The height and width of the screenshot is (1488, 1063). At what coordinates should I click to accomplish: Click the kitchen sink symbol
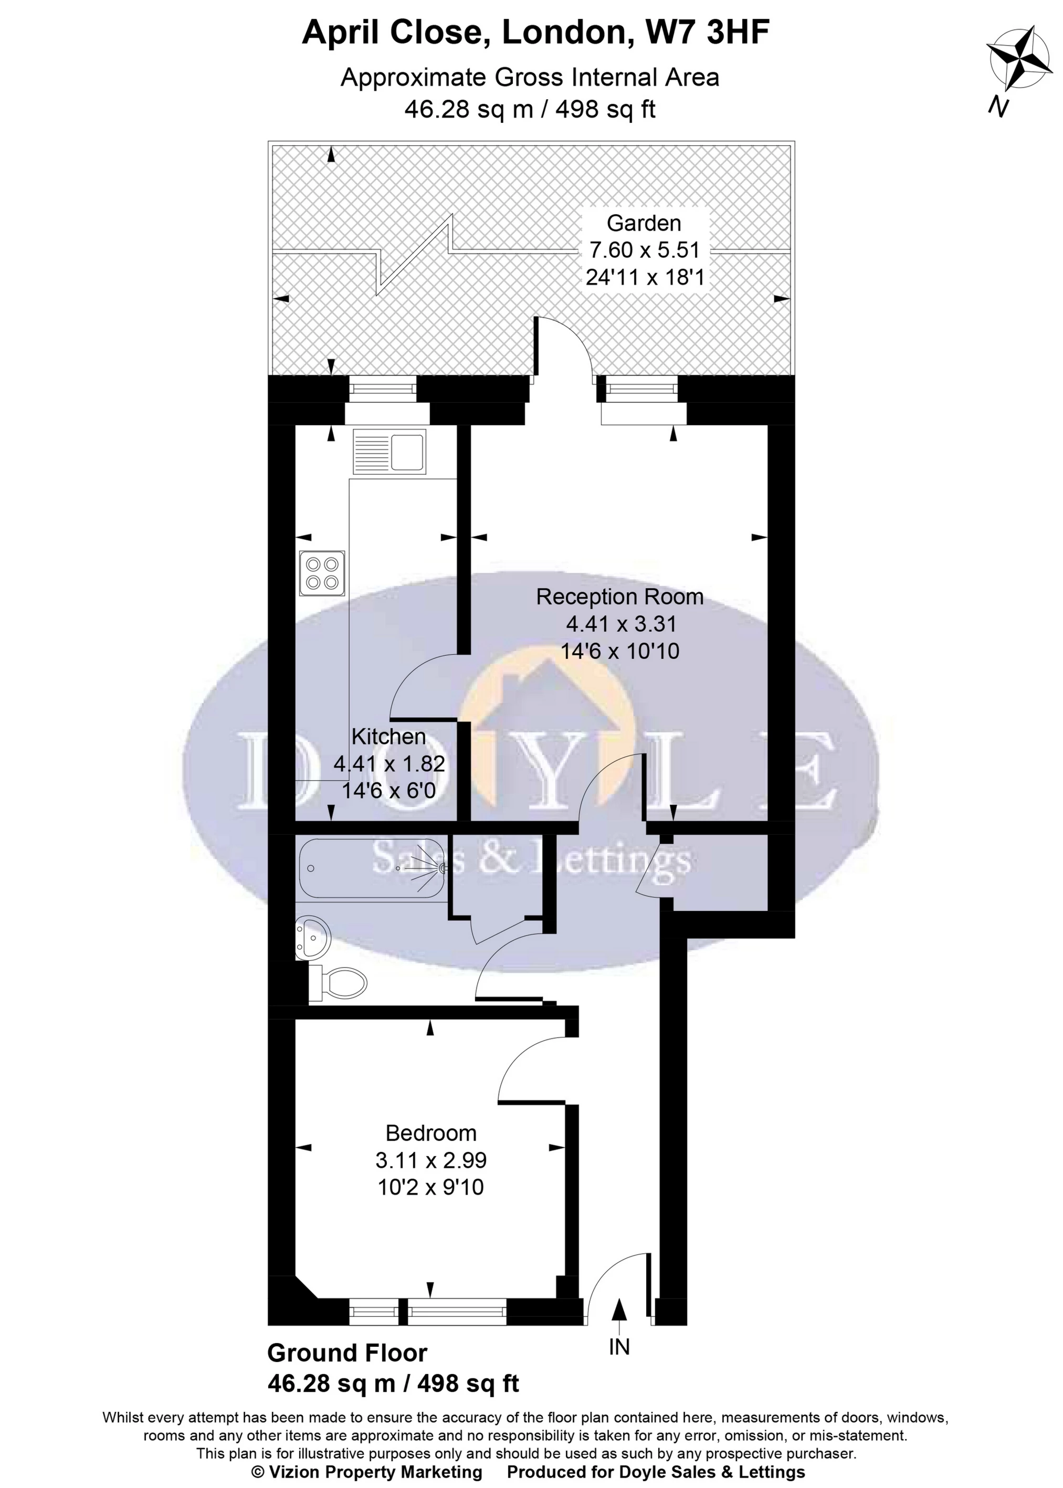(389, 451)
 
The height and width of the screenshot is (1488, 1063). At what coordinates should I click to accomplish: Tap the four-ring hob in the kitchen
(322, 573)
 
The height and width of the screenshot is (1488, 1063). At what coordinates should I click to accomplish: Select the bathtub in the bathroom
(372, 868)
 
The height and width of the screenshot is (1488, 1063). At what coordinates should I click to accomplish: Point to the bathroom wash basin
(312, 938)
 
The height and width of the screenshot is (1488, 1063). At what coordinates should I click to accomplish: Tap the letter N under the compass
(998, 106)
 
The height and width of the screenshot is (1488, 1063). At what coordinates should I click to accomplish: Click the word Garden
(644, 223)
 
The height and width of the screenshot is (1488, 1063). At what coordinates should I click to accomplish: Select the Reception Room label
(619, 596)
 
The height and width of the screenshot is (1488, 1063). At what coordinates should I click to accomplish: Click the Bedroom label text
(430, 1133)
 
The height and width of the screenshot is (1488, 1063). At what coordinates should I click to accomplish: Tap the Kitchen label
(389, 737)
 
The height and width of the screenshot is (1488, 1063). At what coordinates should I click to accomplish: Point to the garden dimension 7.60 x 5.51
(644, 250)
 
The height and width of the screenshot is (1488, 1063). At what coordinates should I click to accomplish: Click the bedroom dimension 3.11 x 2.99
(430, 1160)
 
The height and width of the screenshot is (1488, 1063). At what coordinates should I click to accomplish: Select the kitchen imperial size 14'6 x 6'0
(389, 791)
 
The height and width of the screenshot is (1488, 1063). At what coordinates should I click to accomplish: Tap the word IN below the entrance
(619, 1347)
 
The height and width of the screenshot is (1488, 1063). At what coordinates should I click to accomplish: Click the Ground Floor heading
(347, 1353)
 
